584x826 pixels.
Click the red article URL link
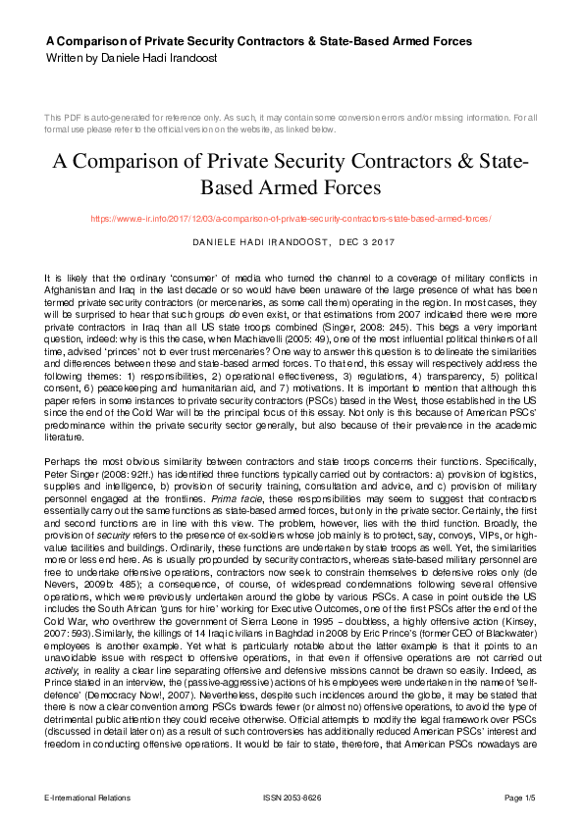point(292,219)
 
